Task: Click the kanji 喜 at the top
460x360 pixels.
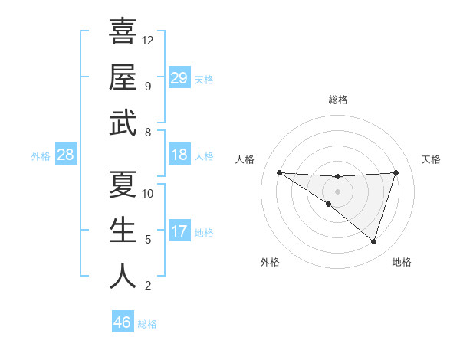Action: tap(123, 31)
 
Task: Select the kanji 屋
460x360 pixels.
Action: tap(123, 77)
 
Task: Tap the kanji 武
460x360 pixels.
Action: tap(123, 123)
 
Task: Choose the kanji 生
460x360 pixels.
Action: tap(123, 231)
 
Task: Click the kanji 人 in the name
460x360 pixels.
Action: tap(123, 277)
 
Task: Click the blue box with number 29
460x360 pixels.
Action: tap(179, 78)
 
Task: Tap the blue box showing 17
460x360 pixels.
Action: tap(179, 232)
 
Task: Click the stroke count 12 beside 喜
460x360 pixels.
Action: tap(148, 40)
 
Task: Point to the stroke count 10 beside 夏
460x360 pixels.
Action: tap(148, 193)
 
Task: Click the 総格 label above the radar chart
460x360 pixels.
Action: tap(337, 100)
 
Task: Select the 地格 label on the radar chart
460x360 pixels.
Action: tap(402, 262)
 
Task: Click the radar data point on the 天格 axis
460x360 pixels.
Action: tap(396, 172)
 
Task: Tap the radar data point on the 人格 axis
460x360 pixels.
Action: tap(279, 172)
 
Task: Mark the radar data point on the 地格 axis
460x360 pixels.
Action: tap(373, 241)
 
